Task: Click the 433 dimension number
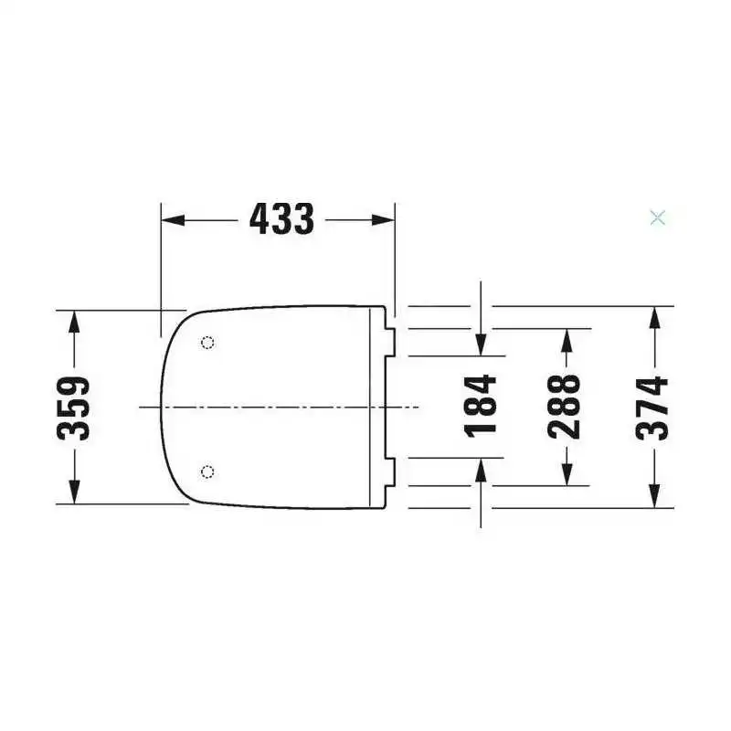pos(282,219)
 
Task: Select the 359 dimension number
pos(73,408)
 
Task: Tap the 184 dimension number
pos(481,406)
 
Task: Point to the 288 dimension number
pos(565,407)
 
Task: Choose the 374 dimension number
pos(652,408)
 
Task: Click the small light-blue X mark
pos(658,217)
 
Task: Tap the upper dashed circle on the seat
pos(208,344)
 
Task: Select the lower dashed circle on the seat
pos(208,471)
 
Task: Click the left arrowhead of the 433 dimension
pos(173,220)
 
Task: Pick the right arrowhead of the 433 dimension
pos(383,220)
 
